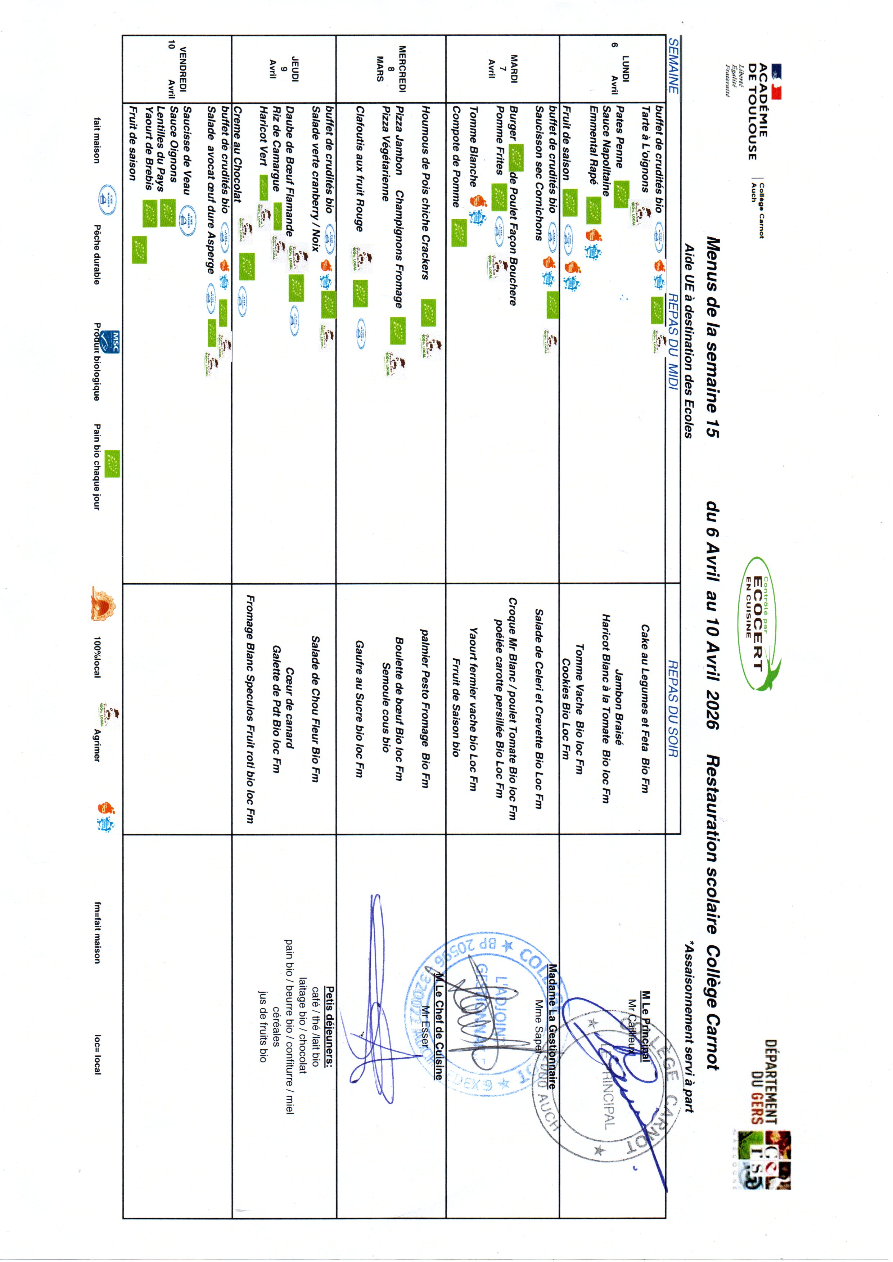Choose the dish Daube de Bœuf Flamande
288,171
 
